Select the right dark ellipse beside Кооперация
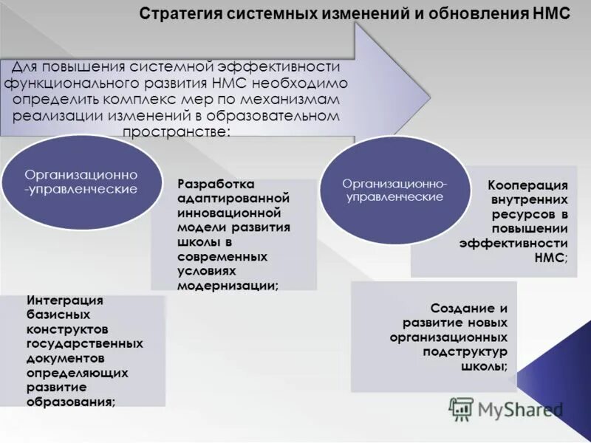coord(394,190)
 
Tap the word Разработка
coord(216,184)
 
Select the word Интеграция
coord(65,301)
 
